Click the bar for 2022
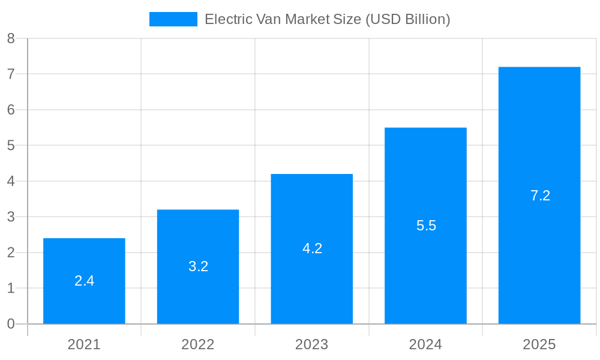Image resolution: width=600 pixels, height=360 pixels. click(x=198, y=294)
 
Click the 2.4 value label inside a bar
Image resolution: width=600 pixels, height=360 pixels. click(x=84, y=281)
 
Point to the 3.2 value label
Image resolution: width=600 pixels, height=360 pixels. click(x=198, y=266)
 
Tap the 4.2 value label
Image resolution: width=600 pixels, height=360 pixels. click(x=312, y=248)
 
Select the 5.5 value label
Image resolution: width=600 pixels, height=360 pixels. click(x=426, y=226)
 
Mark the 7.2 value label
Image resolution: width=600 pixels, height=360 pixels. click(x=540, y=196)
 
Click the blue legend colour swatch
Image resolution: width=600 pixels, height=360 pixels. click(x=173, y=19)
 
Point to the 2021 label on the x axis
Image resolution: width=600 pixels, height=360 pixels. click(x=84, y=344)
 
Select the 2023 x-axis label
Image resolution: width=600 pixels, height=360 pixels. click(x=312, y=344)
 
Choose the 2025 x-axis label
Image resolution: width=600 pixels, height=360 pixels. click(x=539, y=344)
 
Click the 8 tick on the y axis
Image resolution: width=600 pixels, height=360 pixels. click(x=11, y=38)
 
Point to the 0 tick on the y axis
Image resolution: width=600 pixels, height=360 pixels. click(x=11, y=324)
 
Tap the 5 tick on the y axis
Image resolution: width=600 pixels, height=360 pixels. click(x=11, y=146)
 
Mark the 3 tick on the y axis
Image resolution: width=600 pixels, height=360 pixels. click(x=11, y=217)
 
